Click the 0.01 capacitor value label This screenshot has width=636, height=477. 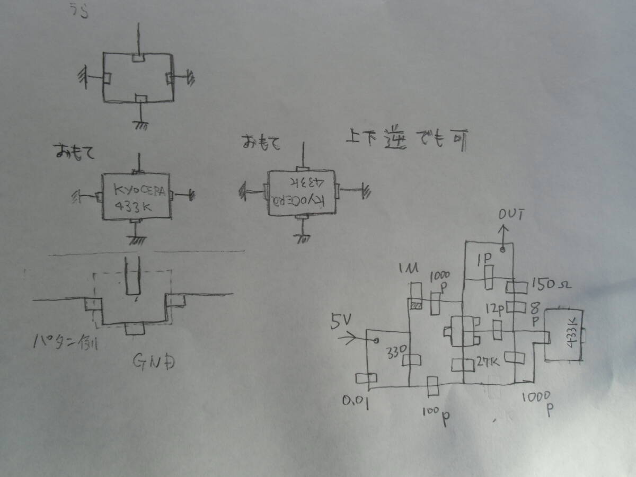[x=356, y=404]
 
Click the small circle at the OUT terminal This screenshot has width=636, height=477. [x=502, y=249]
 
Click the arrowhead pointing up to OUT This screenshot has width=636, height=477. [x=503, y=229]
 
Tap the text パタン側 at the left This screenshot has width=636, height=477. [x=64, y=343]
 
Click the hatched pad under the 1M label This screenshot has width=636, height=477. [x=416, y=305]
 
